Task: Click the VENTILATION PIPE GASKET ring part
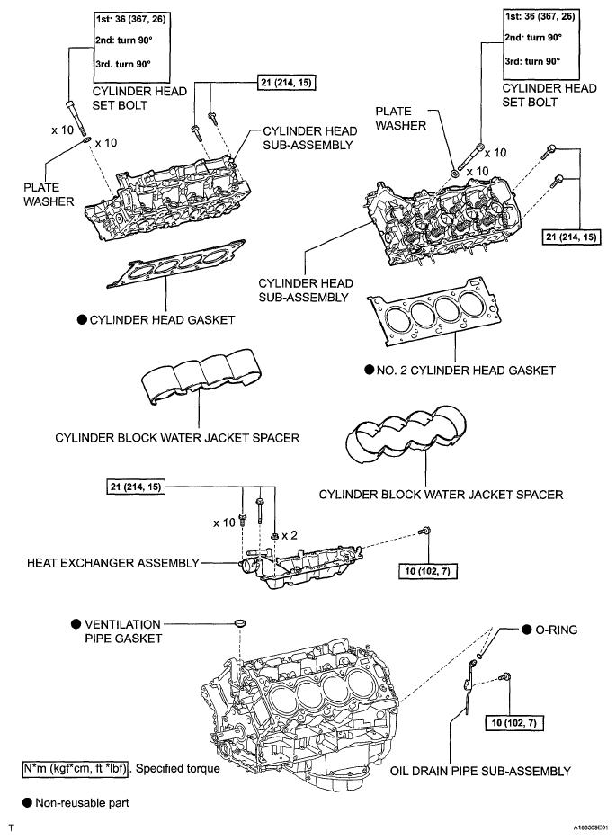click(x=240, y=623)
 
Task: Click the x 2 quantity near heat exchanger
click(x=290, y=535)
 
